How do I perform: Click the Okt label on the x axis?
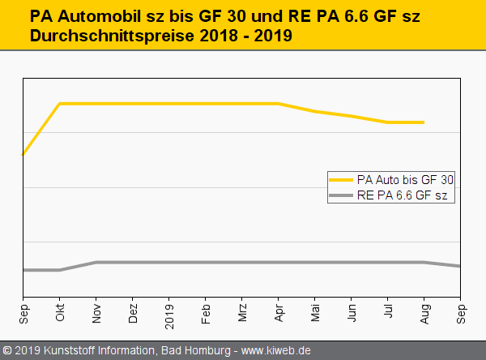tap(60, 314)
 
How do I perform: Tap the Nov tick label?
tap(96, 314)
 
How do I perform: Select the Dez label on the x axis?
tap(133, 314)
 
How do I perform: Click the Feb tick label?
tap(206, 314)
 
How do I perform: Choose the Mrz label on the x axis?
tap(242, 313)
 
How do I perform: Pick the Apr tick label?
tap(279, 314)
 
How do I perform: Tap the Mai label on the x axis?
tap(315, 313)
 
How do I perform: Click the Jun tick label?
tap(352, 314)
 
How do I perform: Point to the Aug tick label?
tap(424, 314)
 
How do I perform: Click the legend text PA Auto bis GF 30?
tap(405, 179)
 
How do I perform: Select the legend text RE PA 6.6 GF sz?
tap(402, 196)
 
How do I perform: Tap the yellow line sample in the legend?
tap(341, 179)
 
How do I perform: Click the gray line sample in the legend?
tap(341, 196)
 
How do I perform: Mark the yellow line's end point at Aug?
tap(424, 122)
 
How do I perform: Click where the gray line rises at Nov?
tap(96, 262)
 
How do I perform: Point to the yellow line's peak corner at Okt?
tap(60, 104)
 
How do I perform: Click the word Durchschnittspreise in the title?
tap(100, 36)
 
